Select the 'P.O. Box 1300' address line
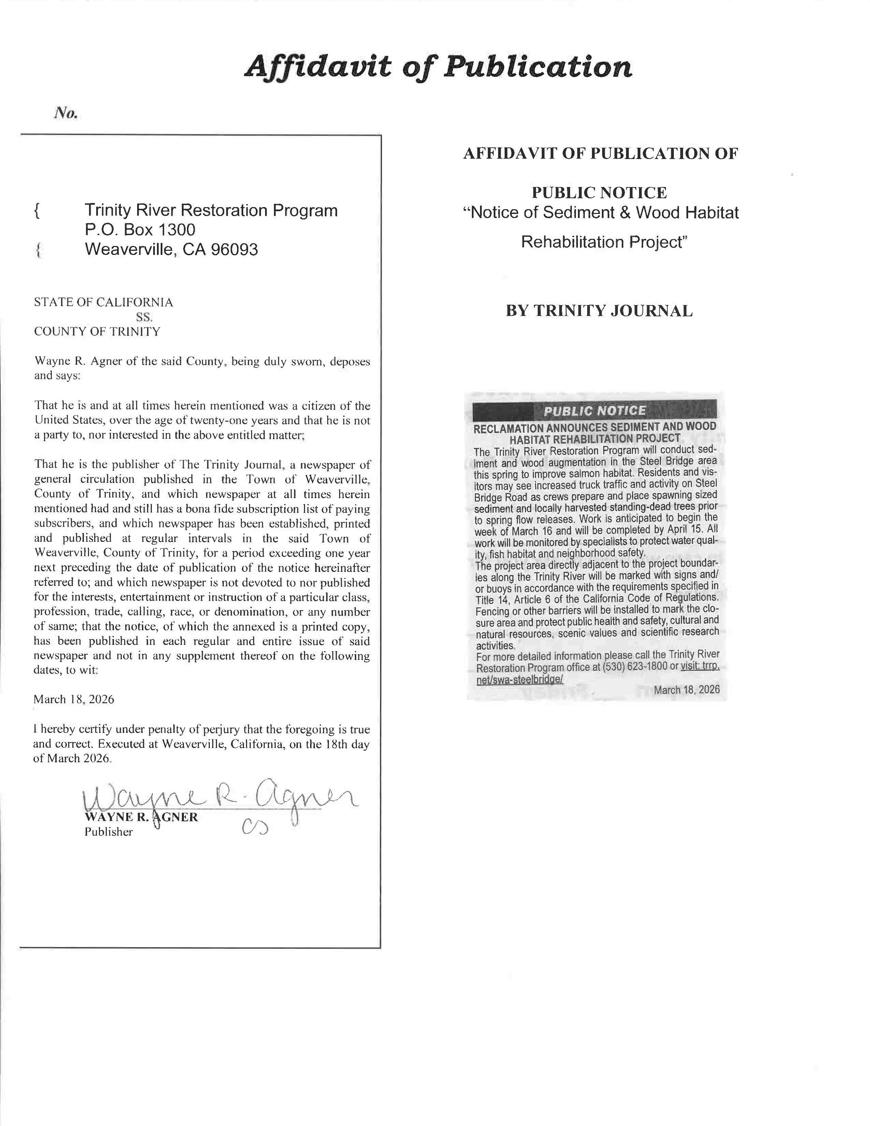point(140,229)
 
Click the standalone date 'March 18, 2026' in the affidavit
point(74,699)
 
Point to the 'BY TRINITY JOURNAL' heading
point(599,311)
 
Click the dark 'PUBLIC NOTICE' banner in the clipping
point(594,411)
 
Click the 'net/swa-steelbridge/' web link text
point(520,679)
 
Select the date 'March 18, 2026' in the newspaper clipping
point(686,690)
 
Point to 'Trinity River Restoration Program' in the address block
point(211,210)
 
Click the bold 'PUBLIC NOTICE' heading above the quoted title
point(599,193)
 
